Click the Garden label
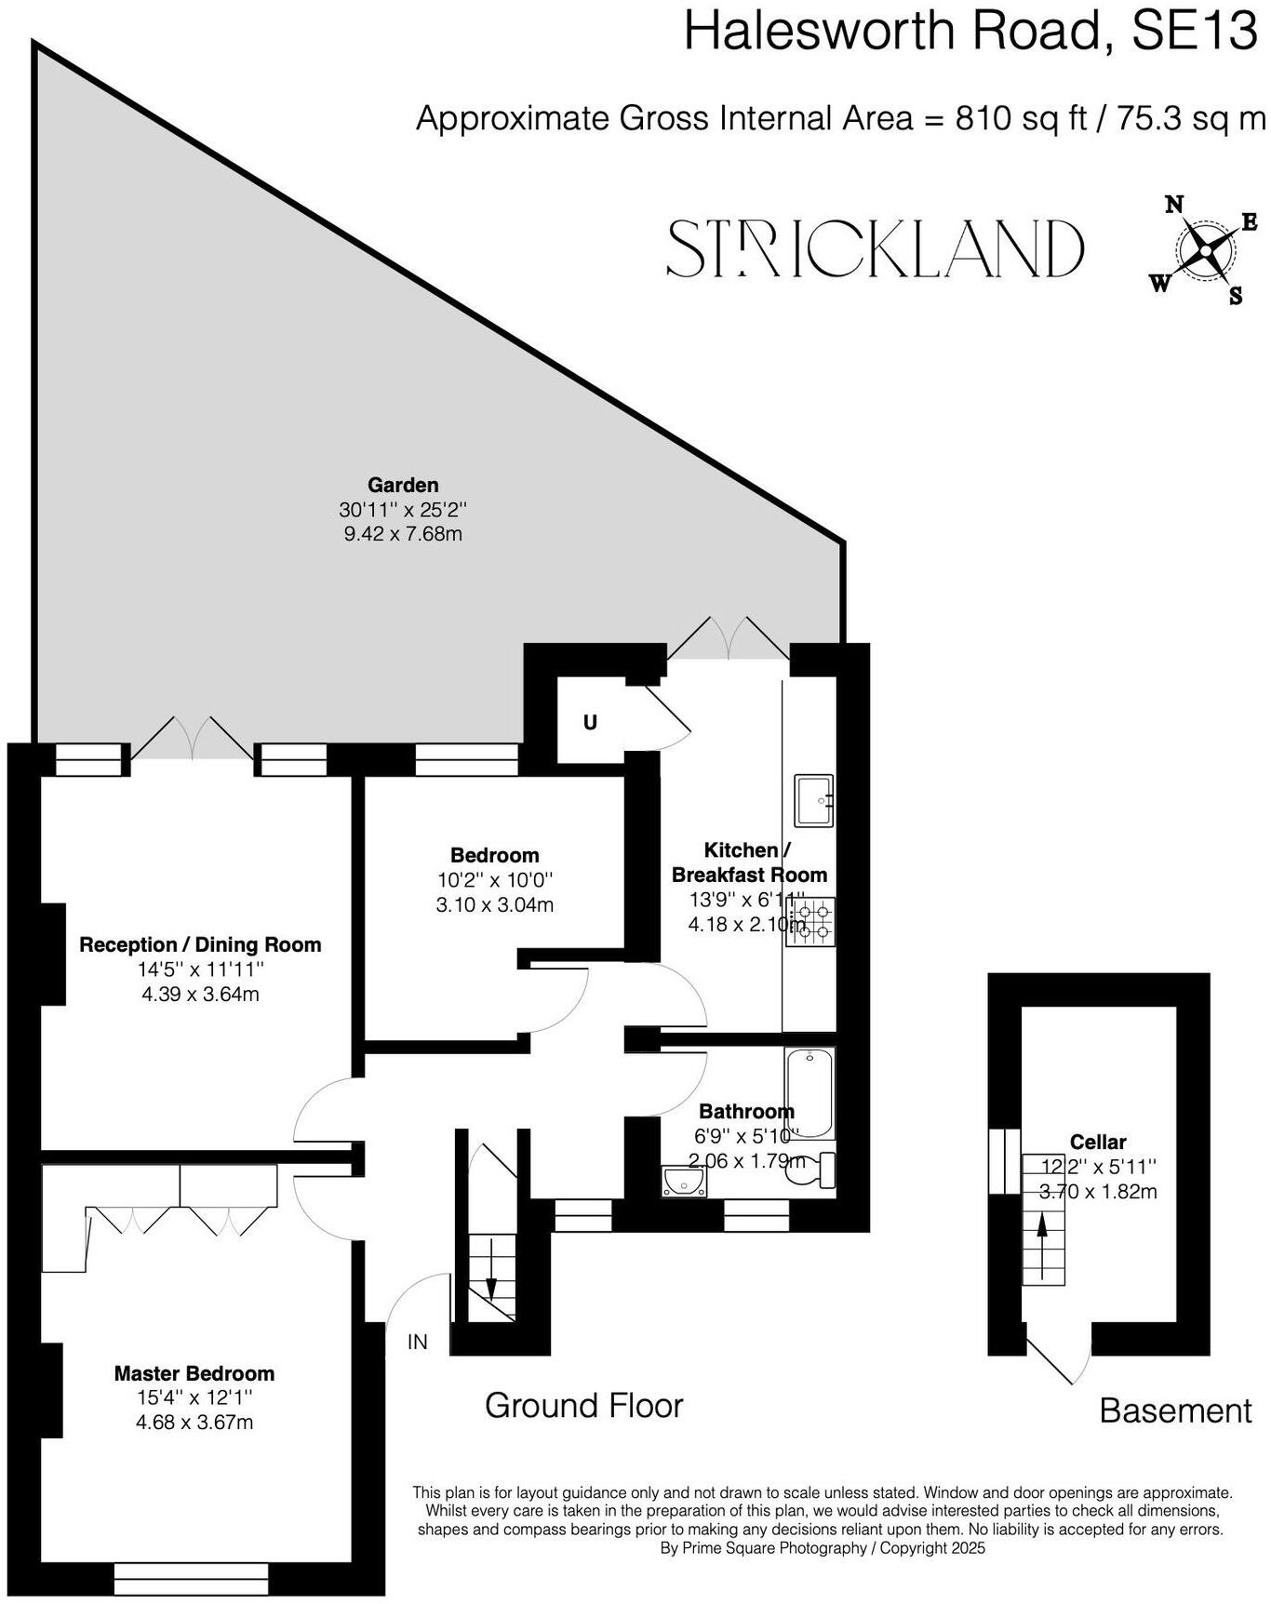pyautogui.click(x=403, y=485)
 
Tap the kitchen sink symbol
pyautogui.click(x=813, y=799)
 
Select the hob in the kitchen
pyautogui.click(x=810, y=921)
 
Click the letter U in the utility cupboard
pyautogui.click(x=590, y=722)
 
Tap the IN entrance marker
pyautogui.click(x=418, y=1342)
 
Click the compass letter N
pyautogui.click(x=1175, y=205)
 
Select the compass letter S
pyautogui.click(x=1236, y=298)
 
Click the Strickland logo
pyautogui.click(x=875, y=248)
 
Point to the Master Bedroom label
pyautogui.click(x=194, y=1373)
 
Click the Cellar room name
pyautogui.click(x=1098, y=1142)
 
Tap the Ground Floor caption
pyautogui.click(x=583, y=1405)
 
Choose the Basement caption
pyautogui.click(x=1175, y=1410)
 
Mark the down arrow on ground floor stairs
pyautogui.click(x=490, y=1291)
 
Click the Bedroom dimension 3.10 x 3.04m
pyautogui.click(x=494, y=904)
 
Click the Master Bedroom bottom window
pyautogui.click(x=191, y=1577)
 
